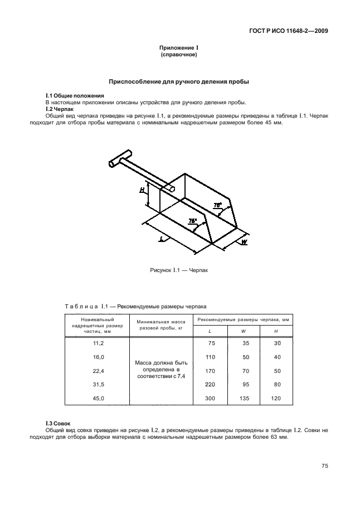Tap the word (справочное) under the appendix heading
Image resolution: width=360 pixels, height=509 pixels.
point(179,56)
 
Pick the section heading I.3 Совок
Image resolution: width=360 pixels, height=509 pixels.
point(57,423)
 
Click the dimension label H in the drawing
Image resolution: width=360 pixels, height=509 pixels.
point(142,190)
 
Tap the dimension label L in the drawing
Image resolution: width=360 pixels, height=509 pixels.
point(161,238)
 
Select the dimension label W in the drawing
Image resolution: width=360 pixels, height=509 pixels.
point(244,242)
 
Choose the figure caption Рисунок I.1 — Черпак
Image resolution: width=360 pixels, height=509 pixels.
point(179,270)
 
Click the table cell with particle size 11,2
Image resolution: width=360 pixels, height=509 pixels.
point(98,343)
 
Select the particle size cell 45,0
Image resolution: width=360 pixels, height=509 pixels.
point(98,397)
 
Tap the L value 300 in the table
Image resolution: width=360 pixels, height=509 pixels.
point(210,397)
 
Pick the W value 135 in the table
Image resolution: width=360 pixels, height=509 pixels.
point(244,397)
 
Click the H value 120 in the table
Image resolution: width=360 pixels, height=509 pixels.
point(276,397)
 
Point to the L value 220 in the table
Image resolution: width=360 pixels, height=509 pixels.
point(210,384)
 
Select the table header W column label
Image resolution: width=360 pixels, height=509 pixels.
point(244,332)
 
